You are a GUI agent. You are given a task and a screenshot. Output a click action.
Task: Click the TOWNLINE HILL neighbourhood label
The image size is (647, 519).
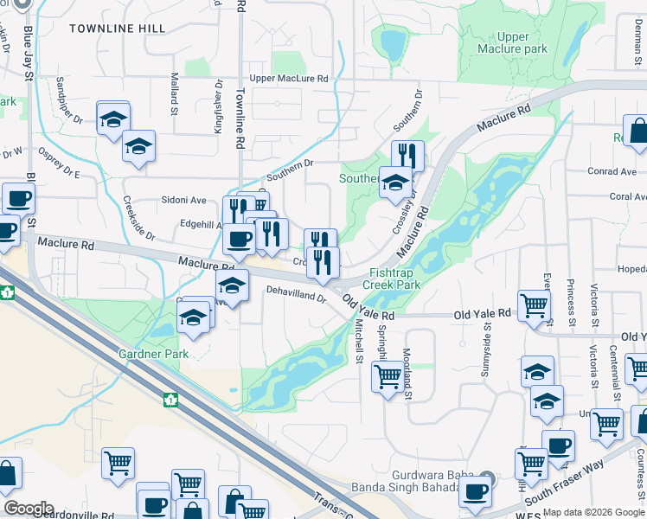tap(117, 29)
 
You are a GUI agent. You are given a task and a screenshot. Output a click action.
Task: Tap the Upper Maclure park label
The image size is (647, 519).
tap(514, 43)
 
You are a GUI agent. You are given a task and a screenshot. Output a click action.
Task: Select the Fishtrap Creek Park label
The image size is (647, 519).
tap(391, 278)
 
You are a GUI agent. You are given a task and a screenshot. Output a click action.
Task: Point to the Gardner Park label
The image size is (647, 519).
tap(153, 355)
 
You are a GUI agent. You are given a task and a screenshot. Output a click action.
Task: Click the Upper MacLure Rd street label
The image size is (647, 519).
tap(289, 79)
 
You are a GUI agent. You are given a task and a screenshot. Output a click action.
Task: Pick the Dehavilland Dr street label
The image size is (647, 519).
tap(296, 294)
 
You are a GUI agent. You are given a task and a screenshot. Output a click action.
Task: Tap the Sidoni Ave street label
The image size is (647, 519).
tap(183, 200)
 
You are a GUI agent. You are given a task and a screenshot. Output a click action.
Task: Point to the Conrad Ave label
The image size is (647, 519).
tap(611, 171)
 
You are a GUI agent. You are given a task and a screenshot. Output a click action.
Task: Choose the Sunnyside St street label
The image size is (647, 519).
tap(488, 340)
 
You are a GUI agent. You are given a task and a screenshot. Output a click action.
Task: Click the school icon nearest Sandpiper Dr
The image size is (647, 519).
tap(113, 119)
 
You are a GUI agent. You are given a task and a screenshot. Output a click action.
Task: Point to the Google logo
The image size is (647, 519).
tap(29, 509)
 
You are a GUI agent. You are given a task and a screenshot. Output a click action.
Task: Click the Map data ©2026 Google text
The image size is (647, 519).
tap(593, 512)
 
